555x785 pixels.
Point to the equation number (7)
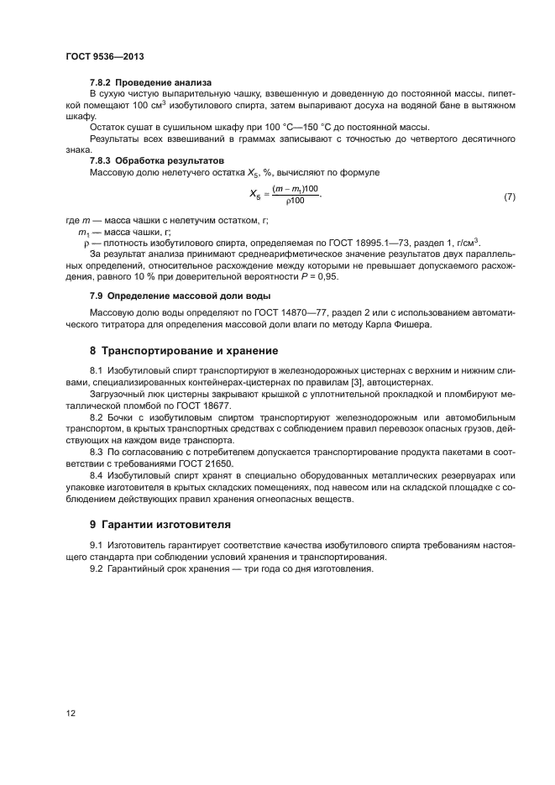pyautogui.click(x=508, y=196)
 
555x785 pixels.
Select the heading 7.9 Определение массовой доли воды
pyautogui.click(x=175, y=297)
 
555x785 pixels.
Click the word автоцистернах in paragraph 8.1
pyautogui.click(x=409, y=381)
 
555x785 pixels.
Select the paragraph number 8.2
pyautogui.click(x=97, y=417)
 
